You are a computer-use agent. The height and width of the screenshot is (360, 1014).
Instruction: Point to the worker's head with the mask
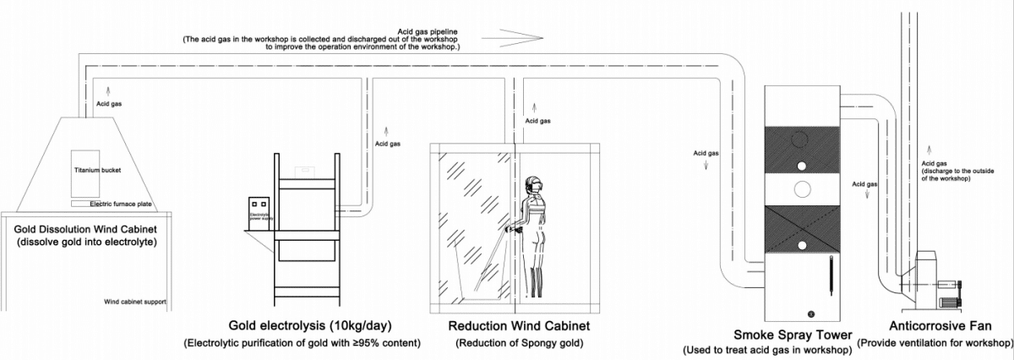click(x=534, y=185)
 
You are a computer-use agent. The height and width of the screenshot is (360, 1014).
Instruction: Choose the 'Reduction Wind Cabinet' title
click(x=519, y=325)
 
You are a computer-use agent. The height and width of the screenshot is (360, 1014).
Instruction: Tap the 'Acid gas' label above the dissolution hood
click(x=109, y=104)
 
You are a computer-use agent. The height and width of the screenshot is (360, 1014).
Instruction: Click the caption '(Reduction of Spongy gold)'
click(x=519, y=343)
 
